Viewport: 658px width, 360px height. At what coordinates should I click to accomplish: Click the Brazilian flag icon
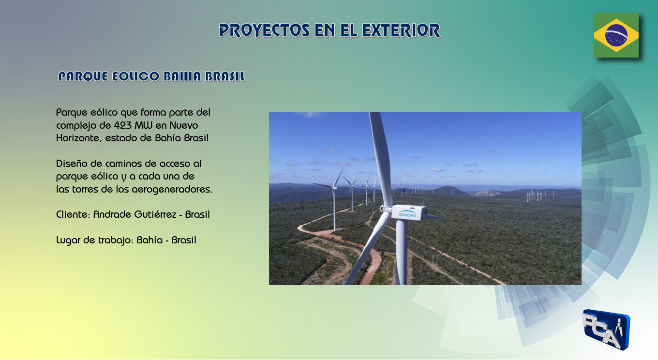pyautogui.click(x=616, y=35)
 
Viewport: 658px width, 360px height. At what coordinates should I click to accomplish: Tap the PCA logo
pyautogui.click(x=606, y=330)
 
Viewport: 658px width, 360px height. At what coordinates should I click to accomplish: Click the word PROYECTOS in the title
pyautogui.click(x=265, y=30)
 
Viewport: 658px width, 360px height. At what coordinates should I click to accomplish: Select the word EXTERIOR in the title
pyautogui.click(x=401, y=30)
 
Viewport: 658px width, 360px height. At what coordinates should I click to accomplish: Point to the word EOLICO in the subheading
pyautogui.click(x=135, y=76)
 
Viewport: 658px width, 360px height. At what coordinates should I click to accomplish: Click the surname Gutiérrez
pyautogui.click(x=155, y=214)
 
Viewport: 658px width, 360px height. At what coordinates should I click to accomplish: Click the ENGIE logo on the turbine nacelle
pyautogui.click(x=407, y=214)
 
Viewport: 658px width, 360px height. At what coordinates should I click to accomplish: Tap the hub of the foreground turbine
pyautogui.click(x=385, y=209)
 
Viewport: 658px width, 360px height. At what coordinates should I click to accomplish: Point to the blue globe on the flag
pyautogui.click(x=616, y=35)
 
